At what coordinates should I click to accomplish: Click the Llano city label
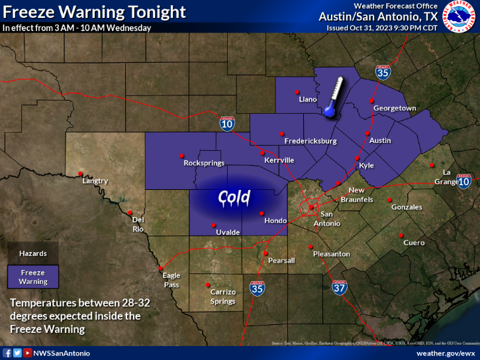pyautogui.click(x=309, y=99)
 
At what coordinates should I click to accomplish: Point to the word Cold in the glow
pyautogui.click(x=235, y=197)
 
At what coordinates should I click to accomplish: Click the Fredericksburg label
pyautogui.click(x=311, y=141)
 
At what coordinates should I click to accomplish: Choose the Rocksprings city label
pyautogui.click(x=204, y=163)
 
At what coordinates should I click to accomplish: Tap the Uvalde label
pyautogui.click(x=227, y=232)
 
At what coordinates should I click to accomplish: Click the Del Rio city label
pyautogui.click(x=138, y=224)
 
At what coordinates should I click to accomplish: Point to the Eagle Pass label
pyautogui.click(x=171, y=281)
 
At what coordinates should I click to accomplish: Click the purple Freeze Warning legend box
pyautogui.click(x=33, y=277)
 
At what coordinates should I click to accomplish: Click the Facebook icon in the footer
pyautogui.click(x=7, y=353)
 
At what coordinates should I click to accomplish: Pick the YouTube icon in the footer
pyautogui.click(x=27, y=353)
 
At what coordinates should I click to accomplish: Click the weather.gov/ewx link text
pyautogui.click(x=445, y=353)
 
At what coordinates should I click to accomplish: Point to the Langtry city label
pyautogui.click(x=95, y=181)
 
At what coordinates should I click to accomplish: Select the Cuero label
pyautogui.click(x=414, y=243)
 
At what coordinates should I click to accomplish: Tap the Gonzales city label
pyautogui.click(x=407, y=207)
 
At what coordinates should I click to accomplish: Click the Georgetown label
pyautogui.click(x=395, y=108)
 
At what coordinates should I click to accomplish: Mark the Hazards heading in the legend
pyautogui.click(x=33, y=253)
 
